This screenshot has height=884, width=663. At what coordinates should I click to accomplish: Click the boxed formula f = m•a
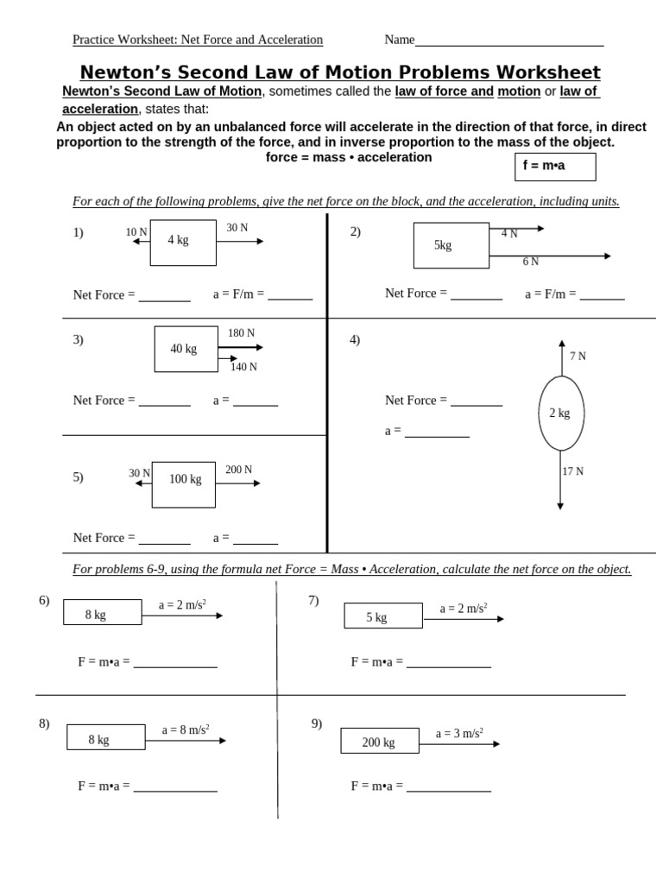555,166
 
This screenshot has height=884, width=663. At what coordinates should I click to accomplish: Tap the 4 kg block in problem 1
182,242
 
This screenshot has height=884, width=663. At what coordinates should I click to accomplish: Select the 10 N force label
136,232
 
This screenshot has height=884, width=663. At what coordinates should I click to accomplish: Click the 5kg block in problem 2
451,245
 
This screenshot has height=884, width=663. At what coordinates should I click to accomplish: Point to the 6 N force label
531,262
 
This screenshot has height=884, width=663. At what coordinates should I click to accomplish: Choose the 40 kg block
186,349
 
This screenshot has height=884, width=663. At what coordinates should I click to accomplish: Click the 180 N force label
241,333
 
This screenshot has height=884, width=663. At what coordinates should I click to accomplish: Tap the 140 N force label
243,367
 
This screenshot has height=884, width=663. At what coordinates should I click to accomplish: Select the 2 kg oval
560,414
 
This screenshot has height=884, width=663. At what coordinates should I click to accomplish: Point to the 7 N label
578,357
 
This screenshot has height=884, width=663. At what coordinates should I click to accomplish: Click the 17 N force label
572,471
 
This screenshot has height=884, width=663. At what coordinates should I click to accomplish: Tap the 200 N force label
238,470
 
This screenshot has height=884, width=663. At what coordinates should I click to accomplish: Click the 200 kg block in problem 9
378,742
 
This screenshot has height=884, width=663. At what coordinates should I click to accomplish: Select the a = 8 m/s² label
186,729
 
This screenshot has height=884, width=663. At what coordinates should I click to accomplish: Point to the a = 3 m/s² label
459,733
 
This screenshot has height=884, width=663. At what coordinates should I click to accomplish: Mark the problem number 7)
313,600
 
